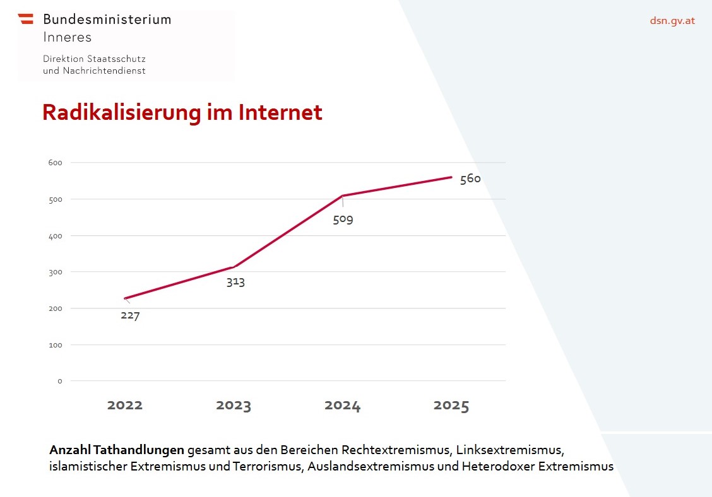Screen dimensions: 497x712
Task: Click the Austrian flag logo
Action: click(x=26, y=19)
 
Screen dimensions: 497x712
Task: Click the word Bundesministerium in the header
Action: click(x=107, y=19)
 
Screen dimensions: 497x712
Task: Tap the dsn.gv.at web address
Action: click(x=672, y=20)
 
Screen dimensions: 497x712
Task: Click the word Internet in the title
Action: click(x=280, y=112)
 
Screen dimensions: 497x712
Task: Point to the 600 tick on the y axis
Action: click(x=56, y=163)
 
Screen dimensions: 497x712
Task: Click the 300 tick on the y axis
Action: click(x=56, y=272)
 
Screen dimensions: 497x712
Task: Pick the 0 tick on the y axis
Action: click(x=60, y=381)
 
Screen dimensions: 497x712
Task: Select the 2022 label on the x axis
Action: click(x=125, y=406)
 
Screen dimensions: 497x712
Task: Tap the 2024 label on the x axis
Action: click(x=343, y=406)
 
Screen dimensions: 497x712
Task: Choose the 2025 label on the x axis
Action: click(x=451, y=406)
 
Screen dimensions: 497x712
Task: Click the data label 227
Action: click(x=130, y=315)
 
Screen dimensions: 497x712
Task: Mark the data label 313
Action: click(x=235, y=282)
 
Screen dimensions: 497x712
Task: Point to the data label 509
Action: click(x=343, y=220)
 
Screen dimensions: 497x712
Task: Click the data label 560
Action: click(x=470, y=178)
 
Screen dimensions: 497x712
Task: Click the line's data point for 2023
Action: click(x=234, y=267)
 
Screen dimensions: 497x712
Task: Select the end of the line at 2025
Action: click(x=451, y=177)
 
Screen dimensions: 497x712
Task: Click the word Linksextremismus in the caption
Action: click(x=509, y=450)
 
